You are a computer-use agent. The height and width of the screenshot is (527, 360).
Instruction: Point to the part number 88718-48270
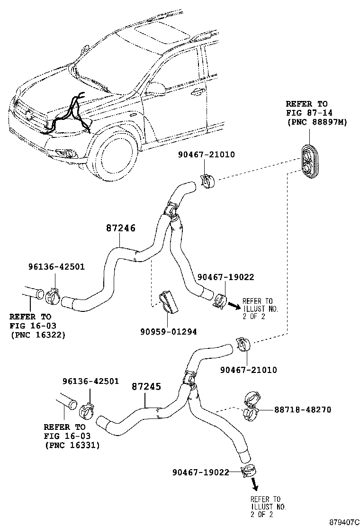coord(302,409)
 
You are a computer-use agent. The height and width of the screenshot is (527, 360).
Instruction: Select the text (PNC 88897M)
coord(316,122)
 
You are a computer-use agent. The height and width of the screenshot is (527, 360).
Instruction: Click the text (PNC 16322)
coord(37,335)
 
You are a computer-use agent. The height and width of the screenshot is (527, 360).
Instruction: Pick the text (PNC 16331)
coord(72,445)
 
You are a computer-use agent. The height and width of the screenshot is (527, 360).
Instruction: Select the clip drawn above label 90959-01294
coord(166,302)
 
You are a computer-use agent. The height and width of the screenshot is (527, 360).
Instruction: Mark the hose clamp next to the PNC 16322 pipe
coord(53,296)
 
